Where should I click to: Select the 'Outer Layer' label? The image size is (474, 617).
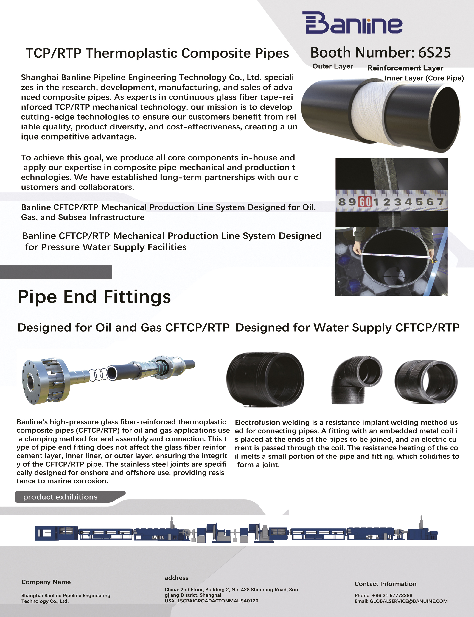click(333, 66)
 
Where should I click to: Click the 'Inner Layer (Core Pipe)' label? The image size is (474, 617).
click(424, 78)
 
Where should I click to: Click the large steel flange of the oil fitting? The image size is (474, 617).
click(45, 381)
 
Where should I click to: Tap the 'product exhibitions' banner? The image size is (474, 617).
click(60, 497)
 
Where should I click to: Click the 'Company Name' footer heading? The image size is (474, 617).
click(46, 582)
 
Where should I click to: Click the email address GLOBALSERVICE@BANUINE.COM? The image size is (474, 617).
click(408, 601)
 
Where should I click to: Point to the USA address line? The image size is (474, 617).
click(211, 601)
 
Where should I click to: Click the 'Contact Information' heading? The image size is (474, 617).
click(385, 584)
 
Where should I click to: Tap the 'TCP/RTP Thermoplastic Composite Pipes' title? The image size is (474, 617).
click(157, 53)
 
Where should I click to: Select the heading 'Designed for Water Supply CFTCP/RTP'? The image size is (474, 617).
click(347, 328)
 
